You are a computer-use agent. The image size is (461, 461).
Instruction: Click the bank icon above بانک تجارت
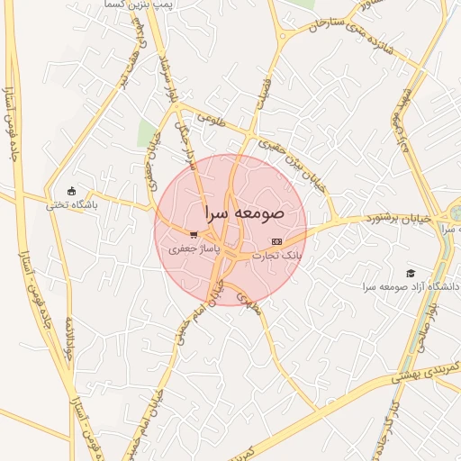276,241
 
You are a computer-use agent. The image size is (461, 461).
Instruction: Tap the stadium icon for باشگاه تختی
72,191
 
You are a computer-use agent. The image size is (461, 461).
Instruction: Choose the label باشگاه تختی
72,204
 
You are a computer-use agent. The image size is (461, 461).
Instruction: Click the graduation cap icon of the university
411,273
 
